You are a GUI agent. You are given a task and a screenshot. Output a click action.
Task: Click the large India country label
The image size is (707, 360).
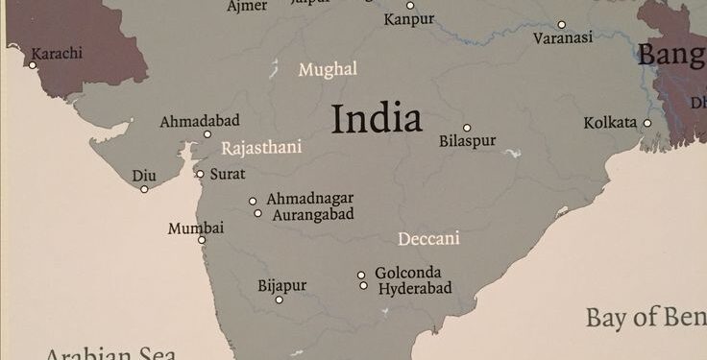tap(377, 119)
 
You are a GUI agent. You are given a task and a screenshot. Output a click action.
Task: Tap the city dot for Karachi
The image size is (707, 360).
tap(33, 65)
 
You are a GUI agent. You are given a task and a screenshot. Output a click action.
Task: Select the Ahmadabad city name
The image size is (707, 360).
tap(200, 122)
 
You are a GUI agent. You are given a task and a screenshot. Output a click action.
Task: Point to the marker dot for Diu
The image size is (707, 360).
tap(144, 189)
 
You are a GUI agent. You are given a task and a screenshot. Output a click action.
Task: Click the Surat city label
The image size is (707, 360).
tap(228, 174)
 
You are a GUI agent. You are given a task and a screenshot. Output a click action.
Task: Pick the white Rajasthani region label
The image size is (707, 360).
tap(261, 148)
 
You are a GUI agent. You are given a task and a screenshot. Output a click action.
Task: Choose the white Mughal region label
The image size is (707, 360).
tap(328, 69)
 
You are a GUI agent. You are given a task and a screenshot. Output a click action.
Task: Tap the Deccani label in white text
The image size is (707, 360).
tap(428, 238)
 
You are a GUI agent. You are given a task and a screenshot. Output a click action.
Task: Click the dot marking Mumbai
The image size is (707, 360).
tap(202, 240)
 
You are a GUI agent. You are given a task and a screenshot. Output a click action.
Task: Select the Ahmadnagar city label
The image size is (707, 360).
tap(309, 198)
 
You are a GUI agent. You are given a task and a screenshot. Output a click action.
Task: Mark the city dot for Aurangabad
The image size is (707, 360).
tap(257, 213)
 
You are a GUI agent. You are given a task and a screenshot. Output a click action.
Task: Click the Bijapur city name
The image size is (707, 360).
tap(282, 285)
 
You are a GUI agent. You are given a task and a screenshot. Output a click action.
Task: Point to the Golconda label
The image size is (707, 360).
tap(408, 272)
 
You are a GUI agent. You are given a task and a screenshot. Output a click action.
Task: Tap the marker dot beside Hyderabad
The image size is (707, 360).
tap(363, 285)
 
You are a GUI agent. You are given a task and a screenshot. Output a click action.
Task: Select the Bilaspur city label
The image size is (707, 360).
tap(468, 141)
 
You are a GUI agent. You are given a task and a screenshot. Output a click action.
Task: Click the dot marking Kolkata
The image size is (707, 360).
tap(647, 123)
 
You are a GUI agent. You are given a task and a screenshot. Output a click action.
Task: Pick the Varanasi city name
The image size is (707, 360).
tap(563, 38)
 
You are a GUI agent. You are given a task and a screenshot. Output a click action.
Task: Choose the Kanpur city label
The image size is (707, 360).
tap(409, 19)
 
